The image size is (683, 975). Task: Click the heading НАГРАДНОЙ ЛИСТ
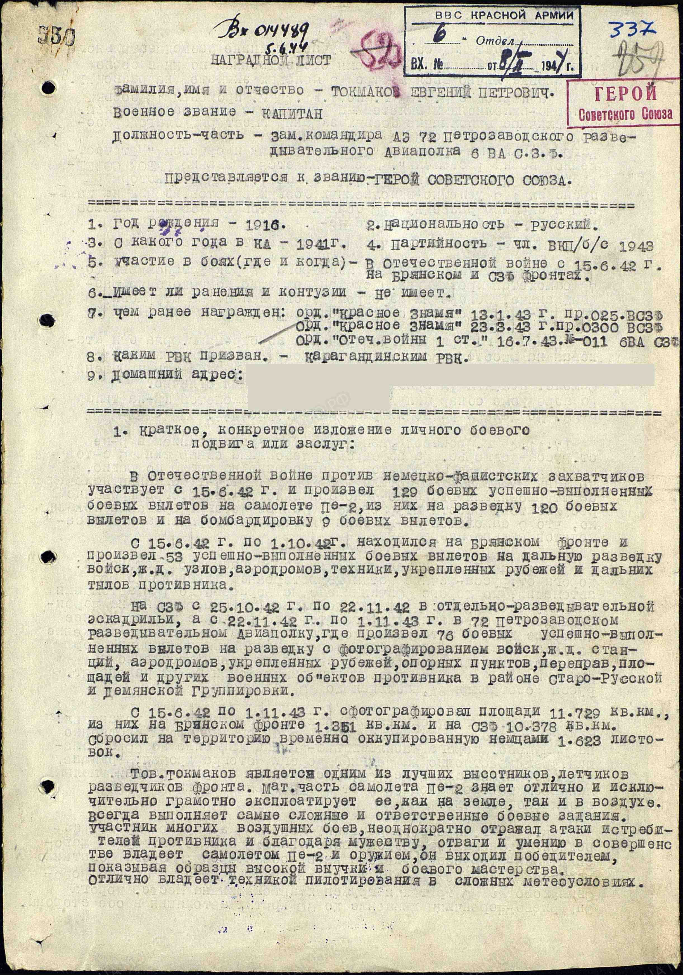271,60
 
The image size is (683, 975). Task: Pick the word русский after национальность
554,223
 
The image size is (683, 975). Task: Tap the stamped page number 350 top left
56,36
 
